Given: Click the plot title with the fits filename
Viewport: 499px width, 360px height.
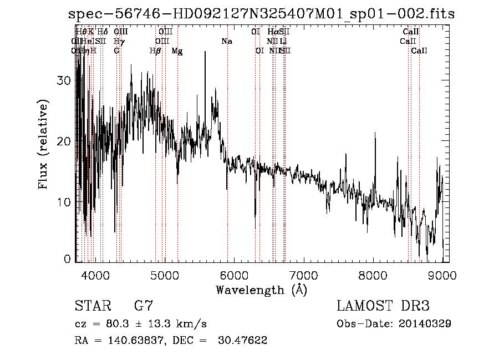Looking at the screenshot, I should [261, 14].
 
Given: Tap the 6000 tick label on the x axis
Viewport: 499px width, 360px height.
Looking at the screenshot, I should [235, 273].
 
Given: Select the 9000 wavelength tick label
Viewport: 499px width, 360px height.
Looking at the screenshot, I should [442, 273].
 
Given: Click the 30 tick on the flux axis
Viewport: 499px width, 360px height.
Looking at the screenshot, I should [64, 80].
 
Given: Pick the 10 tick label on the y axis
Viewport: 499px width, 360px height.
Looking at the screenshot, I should [64, 202].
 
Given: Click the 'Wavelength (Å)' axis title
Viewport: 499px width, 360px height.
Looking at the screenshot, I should [261, 290].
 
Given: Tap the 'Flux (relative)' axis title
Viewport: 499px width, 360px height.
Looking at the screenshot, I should [44, 144].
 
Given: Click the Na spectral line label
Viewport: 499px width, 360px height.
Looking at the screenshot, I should [226, 42].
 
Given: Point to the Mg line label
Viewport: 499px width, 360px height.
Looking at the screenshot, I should [177, 51].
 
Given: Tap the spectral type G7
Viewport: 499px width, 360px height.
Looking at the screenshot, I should [143, 306].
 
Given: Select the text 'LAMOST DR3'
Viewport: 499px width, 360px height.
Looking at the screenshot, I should [383, 306].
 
